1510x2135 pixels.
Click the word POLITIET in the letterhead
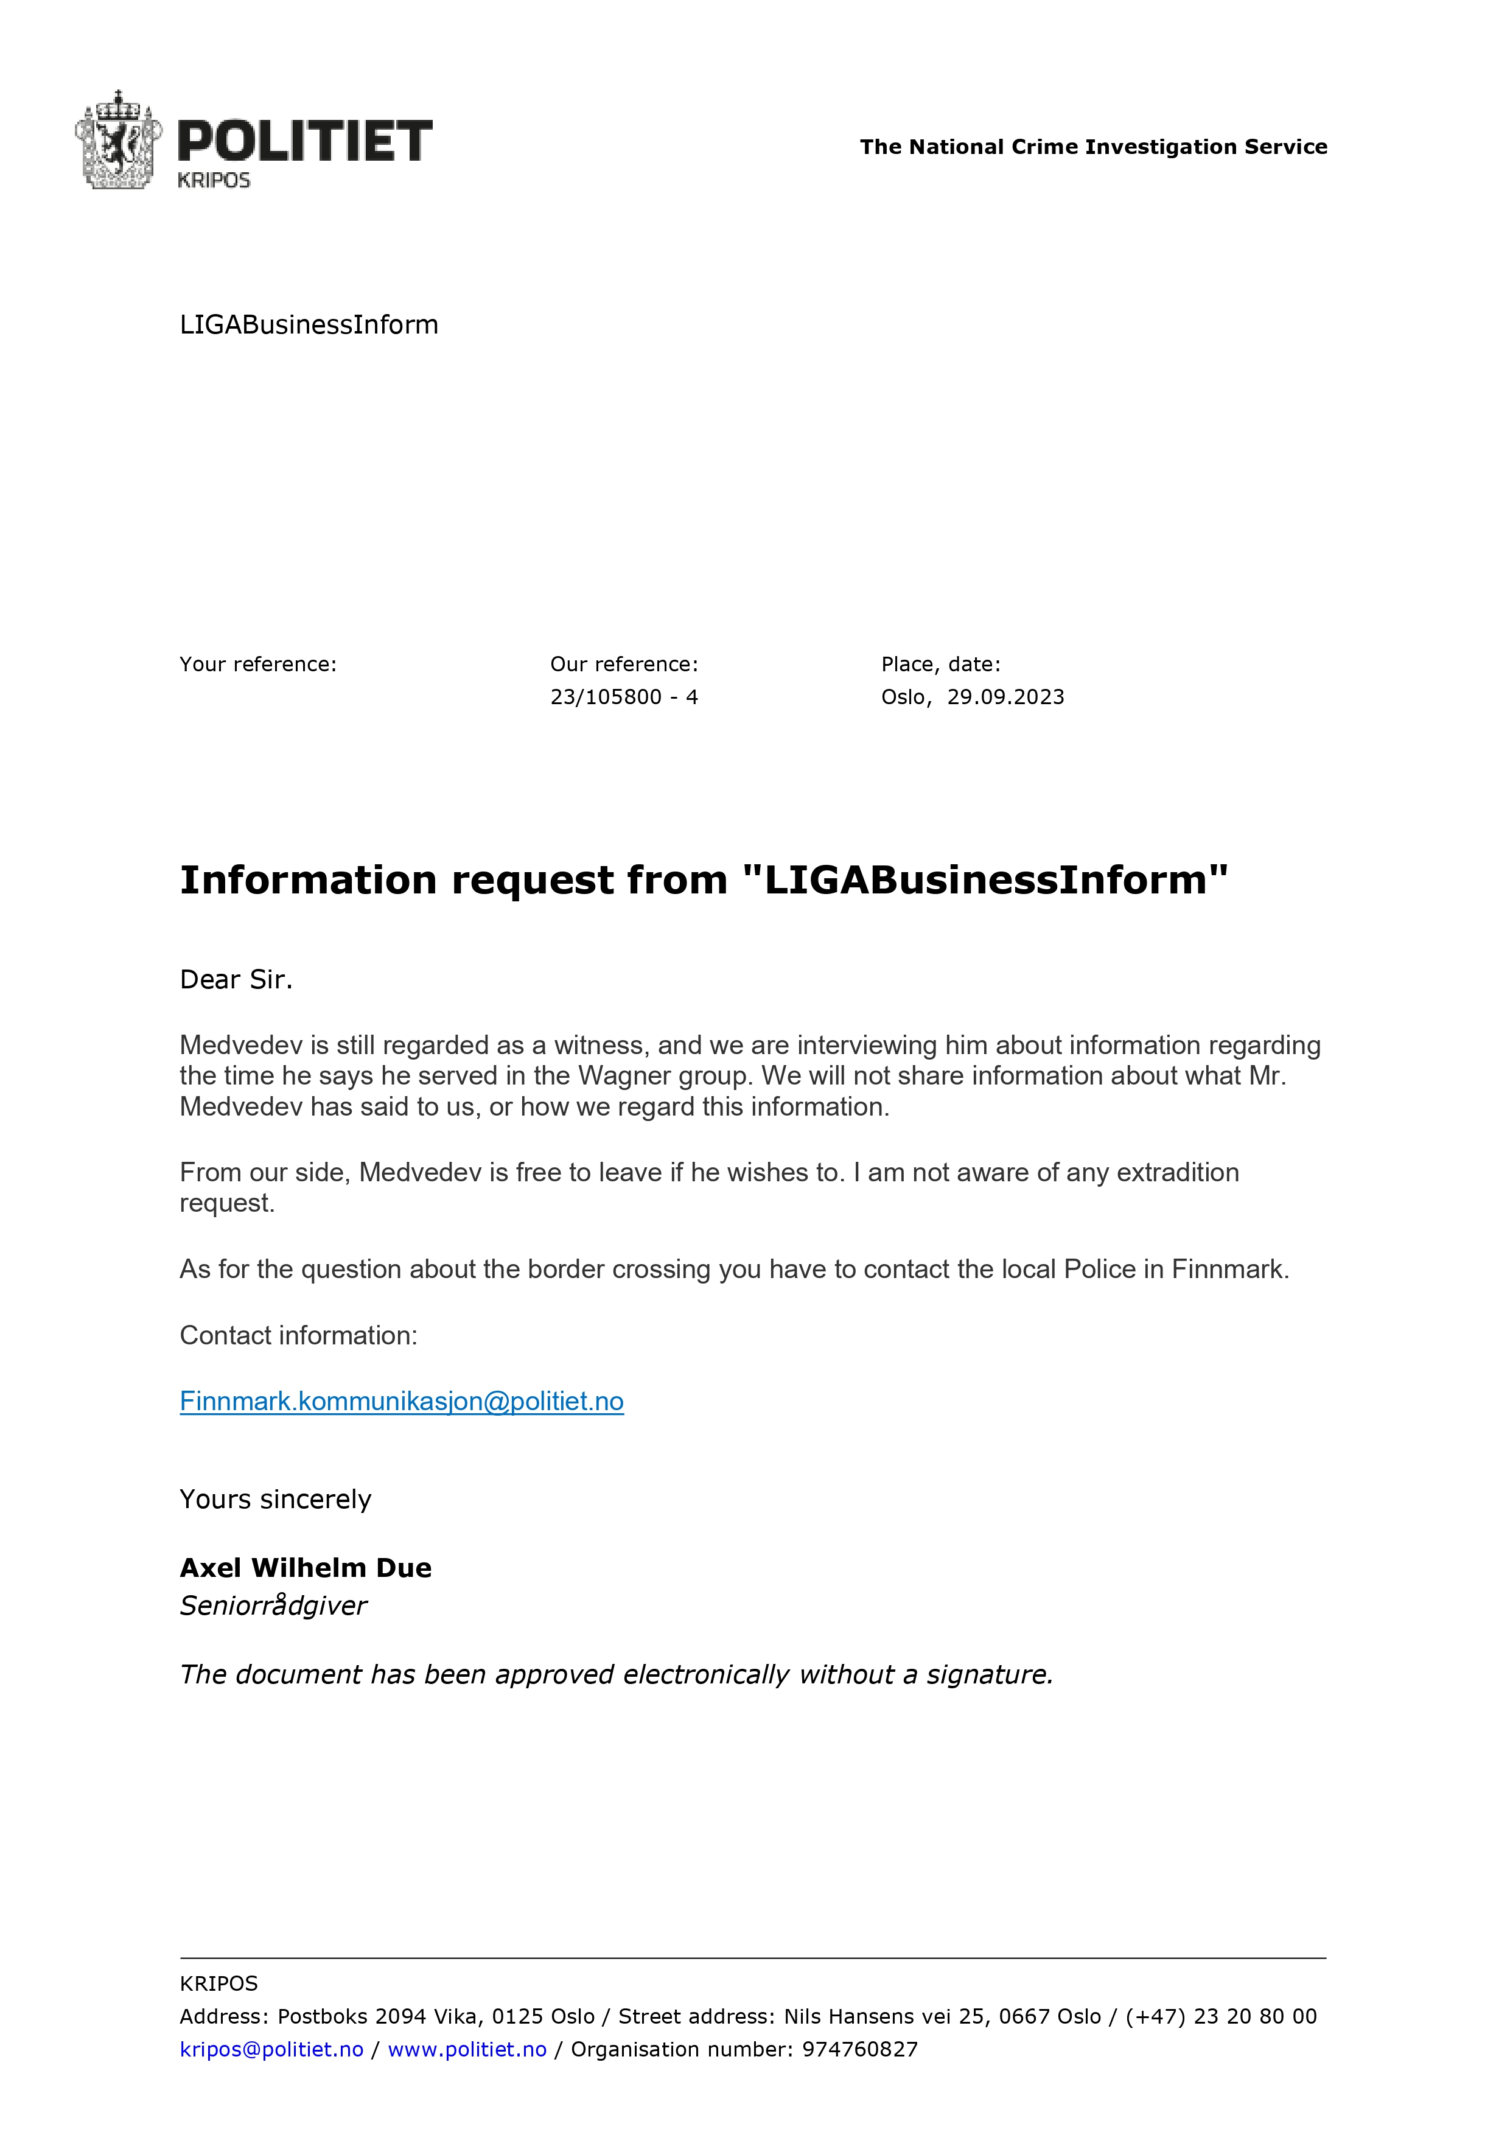coord(304,141)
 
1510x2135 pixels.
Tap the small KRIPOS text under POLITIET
coord(214,180)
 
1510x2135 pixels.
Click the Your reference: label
coord(257,664)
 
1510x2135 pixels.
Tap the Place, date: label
coord(940,664)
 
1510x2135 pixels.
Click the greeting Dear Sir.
coord(236,979)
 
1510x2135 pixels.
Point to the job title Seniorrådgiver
coord(273,1606)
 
